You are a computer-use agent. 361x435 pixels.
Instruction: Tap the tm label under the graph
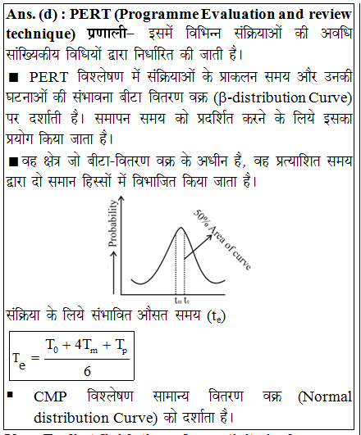click(x=177, y=301)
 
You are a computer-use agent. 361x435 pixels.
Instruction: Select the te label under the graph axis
click(x=186, y=301)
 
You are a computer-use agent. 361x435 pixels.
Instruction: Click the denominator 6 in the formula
click(x=87, y=370)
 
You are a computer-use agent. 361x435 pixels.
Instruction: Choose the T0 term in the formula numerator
click(x=53, y=346)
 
